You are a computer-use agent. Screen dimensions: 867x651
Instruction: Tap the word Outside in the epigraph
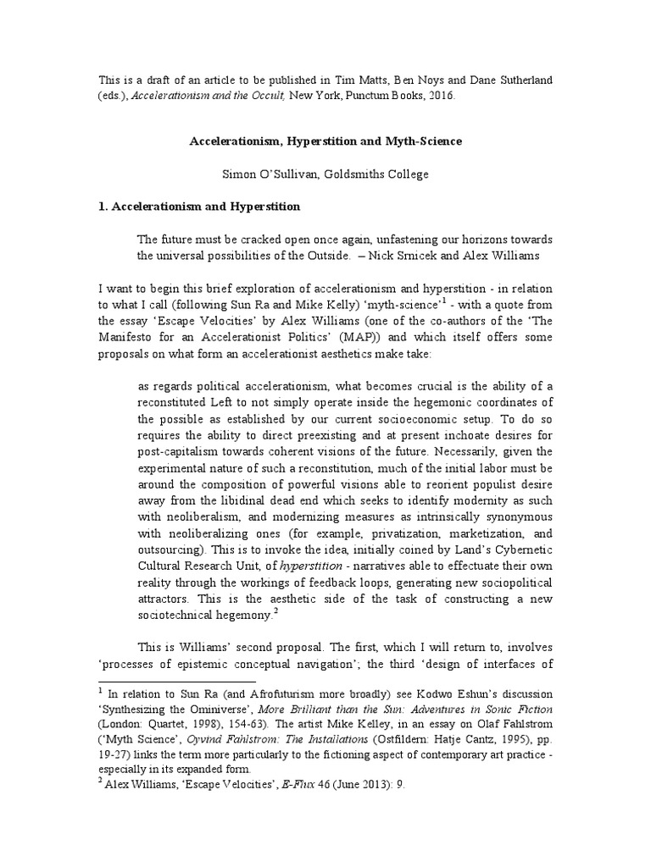pos(337,255)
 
